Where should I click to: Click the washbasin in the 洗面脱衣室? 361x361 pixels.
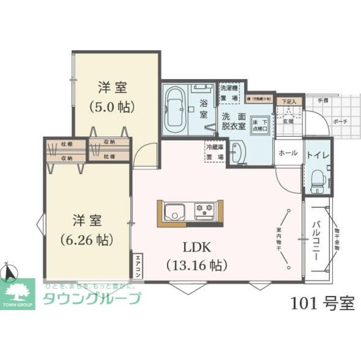click(x=237, y=153)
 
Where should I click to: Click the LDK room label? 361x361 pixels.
click(x=196, y=247)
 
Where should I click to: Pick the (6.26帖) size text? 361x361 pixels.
click(x=87, y=240)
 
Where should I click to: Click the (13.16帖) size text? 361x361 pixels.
click(x=196, y=264)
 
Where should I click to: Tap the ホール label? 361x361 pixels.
click(x=288, y=153)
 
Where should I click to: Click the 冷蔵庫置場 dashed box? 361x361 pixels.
click(x=214, y=153)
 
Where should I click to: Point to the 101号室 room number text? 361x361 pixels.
click(x=323, y=303)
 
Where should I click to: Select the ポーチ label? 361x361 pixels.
click(x=340, y=121)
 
